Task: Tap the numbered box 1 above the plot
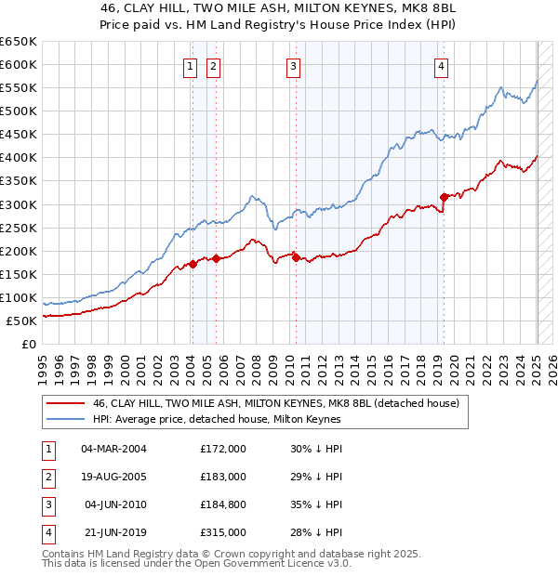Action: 190,66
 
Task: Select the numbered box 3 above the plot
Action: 293,66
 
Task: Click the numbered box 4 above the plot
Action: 440,66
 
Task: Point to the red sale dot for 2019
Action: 445,197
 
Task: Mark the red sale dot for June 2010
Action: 296,257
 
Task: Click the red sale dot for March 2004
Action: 193,264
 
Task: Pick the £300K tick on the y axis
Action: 18,204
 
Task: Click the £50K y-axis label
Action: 21,321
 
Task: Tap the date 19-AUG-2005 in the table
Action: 113,477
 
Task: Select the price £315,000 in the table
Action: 223,532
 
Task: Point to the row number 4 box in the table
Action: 46,532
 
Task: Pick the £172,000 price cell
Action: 223,449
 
